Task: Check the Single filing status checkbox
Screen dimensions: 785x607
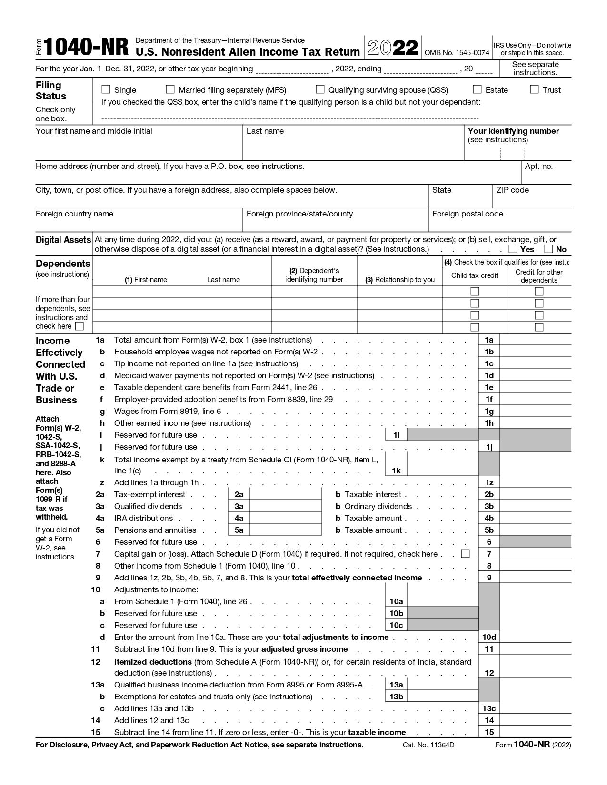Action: pyautogui.click(x=106, y=89)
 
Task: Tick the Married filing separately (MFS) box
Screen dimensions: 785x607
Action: pyautogui.click(x=170, y=89)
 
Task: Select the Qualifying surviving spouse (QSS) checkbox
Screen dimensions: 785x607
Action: pyautogui.click(x=320, y=89)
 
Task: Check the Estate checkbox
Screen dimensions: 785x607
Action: pyautogui.click(x=477, y=89)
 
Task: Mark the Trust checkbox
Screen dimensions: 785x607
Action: pyautogui.click(x=534, y=89)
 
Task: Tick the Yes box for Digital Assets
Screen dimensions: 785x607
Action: pyautogui.click(x=513, y=249)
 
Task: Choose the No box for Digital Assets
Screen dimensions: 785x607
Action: pyautogui.click(x=549, y=249)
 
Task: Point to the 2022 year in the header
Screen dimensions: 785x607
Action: pyautogui.click(x=393, y=48)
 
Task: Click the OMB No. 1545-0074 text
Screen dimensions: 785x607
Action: pyautogui.click(x=457, y=53)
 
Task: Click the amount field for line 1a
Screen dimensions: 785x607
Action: pyautogui.click(x=536, y=340)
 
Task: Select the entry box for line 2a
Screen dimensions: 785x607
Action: pyautogui.click(x=285, y=494)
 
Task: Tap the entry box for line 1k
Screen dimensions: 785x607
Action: pyautogui.click(x=442, y=465)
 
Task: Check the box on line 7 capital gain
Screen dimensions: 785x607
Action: pyautogui.click(x=466, y=554)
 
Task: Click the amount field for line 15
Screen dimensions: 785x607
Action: pyautogui.click(x=536, y=732)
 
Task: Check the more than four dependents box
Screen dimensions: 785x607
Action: pyautogui.click(x=80, y=326)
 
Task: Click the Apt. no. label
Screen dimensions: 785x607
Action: pyautogui.click(x=538, y=167)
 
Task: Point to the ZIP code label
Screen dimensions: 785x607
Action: pyautogui.click(x=512, y=190)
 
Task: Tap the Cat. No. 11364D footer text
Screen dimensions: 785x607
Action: pyautogui.click(x=428, y=745)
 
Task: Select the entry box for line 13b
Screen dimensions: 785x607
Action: pyautogui.click(x=442, y=697)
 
